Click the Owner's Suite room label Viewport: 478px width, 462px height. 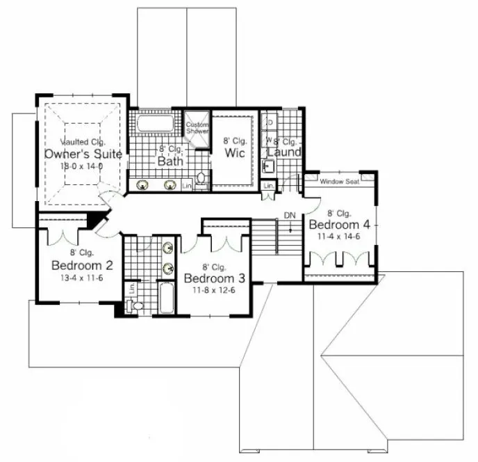pyautogui.click(x=83, y=154)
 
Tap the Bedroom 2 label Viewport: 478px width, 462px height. pyautogui.click(x=82, y=265)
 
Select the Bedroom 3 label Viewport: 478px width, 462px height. pyautogui.click(x=215, y=278)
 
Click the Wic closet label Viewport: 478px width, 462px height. pyautogui.click(x=235, y=153)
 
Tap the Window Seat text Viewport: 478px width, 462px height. pyautogui.click(x=338, y=182)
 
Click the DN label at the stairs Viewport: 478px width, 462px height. pyautogui.click(x=289, y=216)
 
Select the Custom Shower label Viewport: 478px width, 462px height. pyautogui.click(x=197, y=128)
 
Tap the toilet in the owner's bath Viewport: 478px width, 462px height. pyautogui.click(x=201, y=180)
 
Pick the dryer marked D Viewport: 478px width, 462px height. pyautogui.click(x=270, y=122)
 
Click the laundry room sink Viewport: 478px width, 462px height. pyautogui.click(x=269, y=166)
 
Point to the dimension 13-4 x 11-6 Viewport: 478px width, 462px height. pyautogui.click(x=82, y=278)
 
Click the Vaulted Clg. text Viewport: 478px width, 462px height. pyautogui.click(x=83, y=143)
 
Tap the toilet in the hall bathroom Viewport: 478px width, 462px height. pyautogui.click(x=138, y=305)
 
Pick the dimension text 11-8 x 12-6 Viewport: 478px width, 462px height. pyautogui.click(x=215, y=290)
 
